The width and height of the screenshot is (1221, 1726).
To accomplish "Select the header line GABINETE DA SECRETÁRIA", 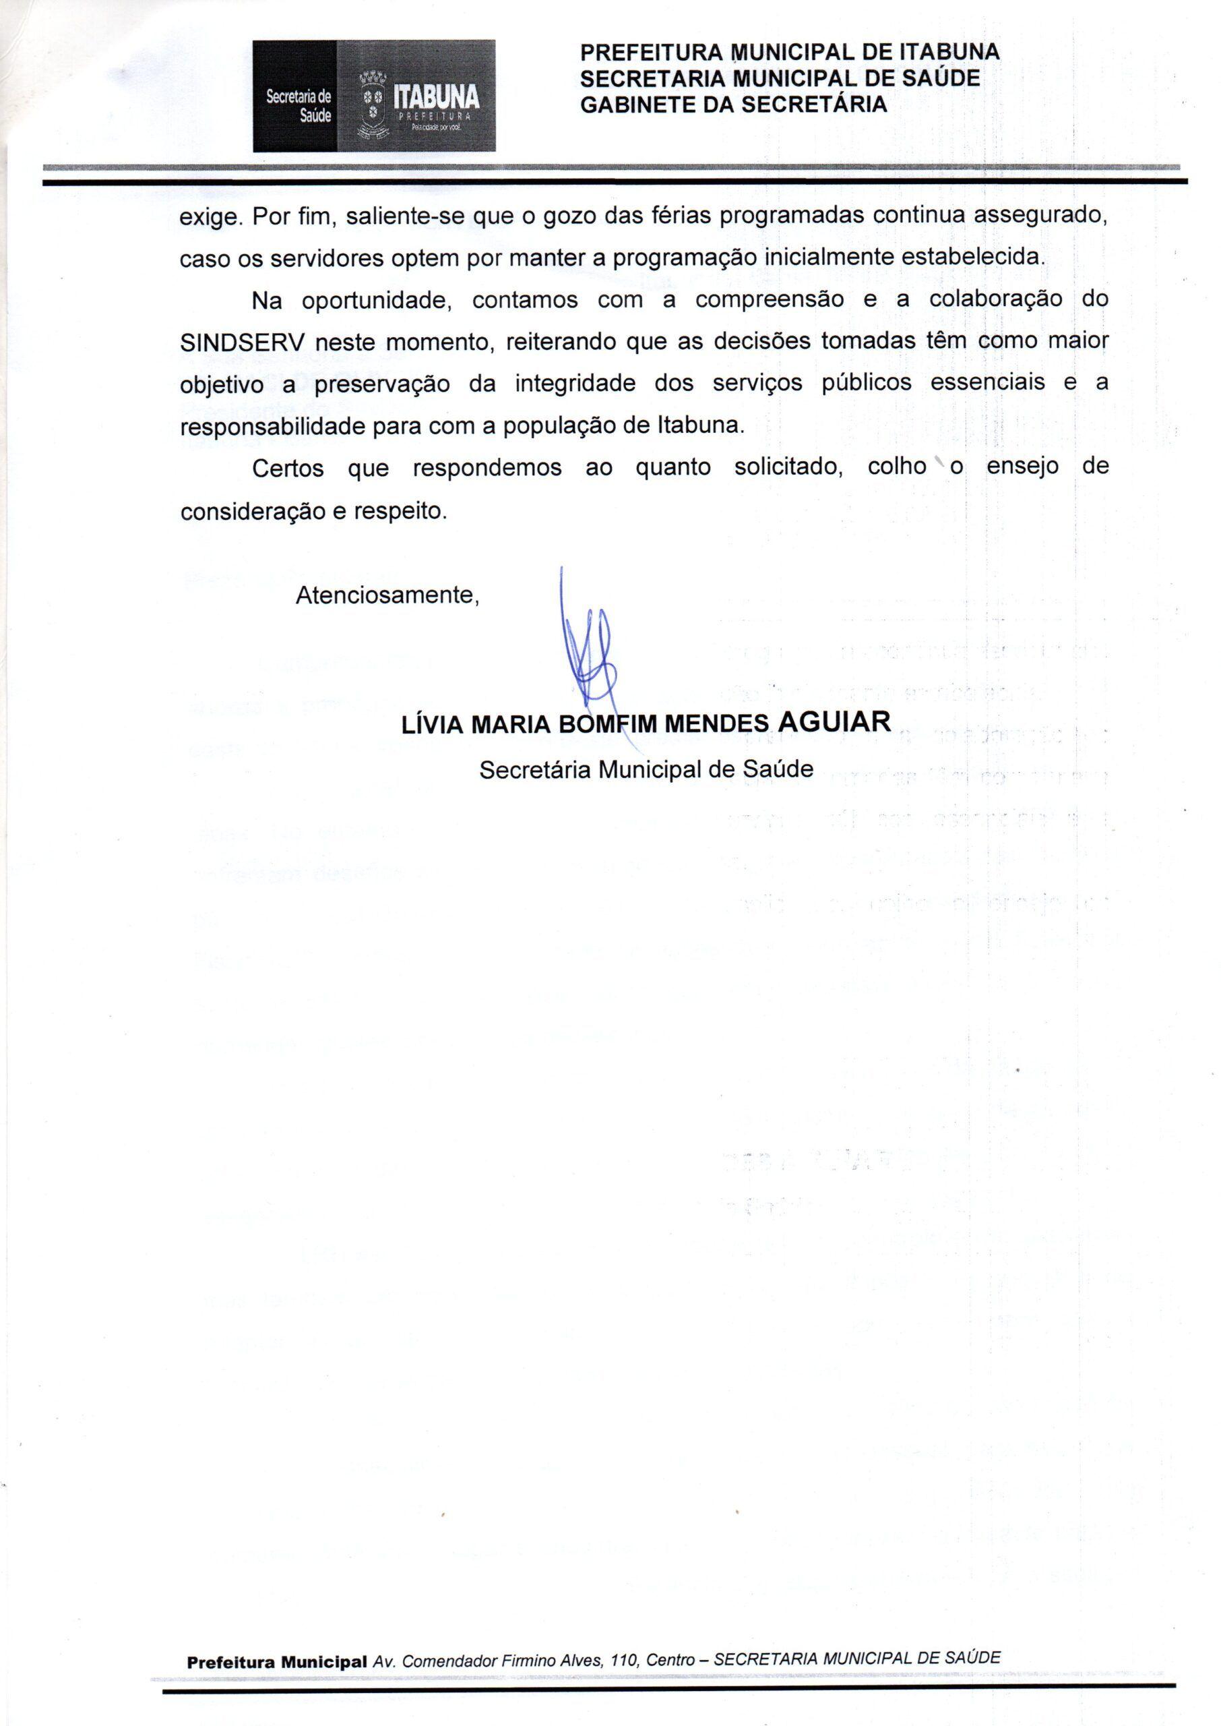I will tap(733, 105).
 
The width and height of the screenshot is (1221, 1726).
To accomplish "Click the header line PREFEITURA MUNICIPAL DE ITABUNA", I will tap(790, 52).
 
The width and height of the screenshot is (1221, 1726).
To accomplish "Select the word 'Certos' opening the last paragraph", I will tap(288, 468).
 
